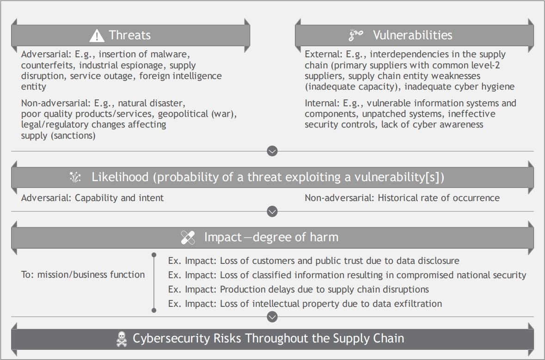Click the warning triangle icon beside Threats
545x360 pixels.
tap(97, 36)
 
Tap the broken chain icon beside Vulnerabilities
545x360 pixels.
tap(355, 35)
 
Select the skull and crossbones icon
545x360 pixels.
tap(121, 339)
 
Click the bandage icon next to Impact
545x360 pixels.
tap(188, 238)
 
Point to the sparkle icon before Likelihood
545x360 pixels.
tap(75, 177)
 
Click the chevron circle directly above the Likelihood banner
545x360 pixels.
tap(272, 151)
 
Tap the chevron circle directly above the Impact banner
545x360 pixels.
tap(272, 211)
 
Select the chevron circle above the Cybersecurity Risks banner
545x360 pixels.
tap(272, 317)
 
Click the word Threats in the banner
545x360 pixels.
tap(129, 35)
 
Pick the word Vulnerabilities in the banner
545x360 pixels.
tap(413, 35)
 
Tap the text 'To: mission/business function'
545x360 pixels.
tap(83, 275)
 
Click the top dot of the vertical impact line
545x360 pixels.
tap(154, 255)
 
